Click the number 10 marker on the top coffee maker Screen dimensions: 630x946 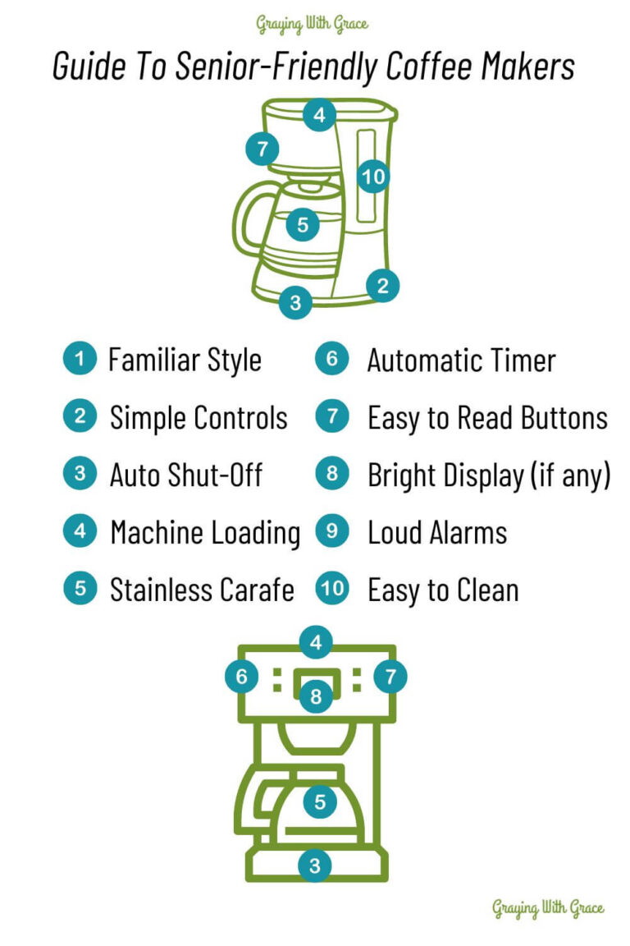373,177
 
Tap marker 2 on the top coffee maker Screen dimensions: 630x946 382,286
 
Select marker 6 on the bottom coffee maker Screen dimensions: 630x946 242,677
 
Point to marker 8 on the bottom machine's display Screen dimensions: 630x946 316,696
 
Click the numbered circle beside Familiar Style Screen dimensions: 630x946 80,358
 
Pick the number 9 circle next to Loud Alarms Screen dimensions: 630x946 332,531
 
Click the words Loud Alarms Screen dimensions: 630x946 437,533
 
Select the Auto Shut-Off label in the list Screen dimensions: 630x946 185,475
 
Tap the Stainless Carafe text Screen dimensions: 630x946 202,590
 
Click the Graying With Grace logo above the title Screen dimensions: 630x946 312,24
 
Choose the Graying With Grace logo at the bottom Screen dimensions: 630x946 547,908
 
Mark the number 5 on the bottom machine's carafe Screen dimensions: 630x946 320,801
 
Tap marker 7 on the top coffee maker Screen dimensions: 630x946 262,149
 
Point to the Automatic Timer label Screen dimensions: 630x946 461,360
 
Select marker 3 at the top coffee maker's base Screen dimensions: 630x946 295,302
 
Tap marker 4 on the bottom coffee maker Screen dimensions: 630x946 316,642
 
